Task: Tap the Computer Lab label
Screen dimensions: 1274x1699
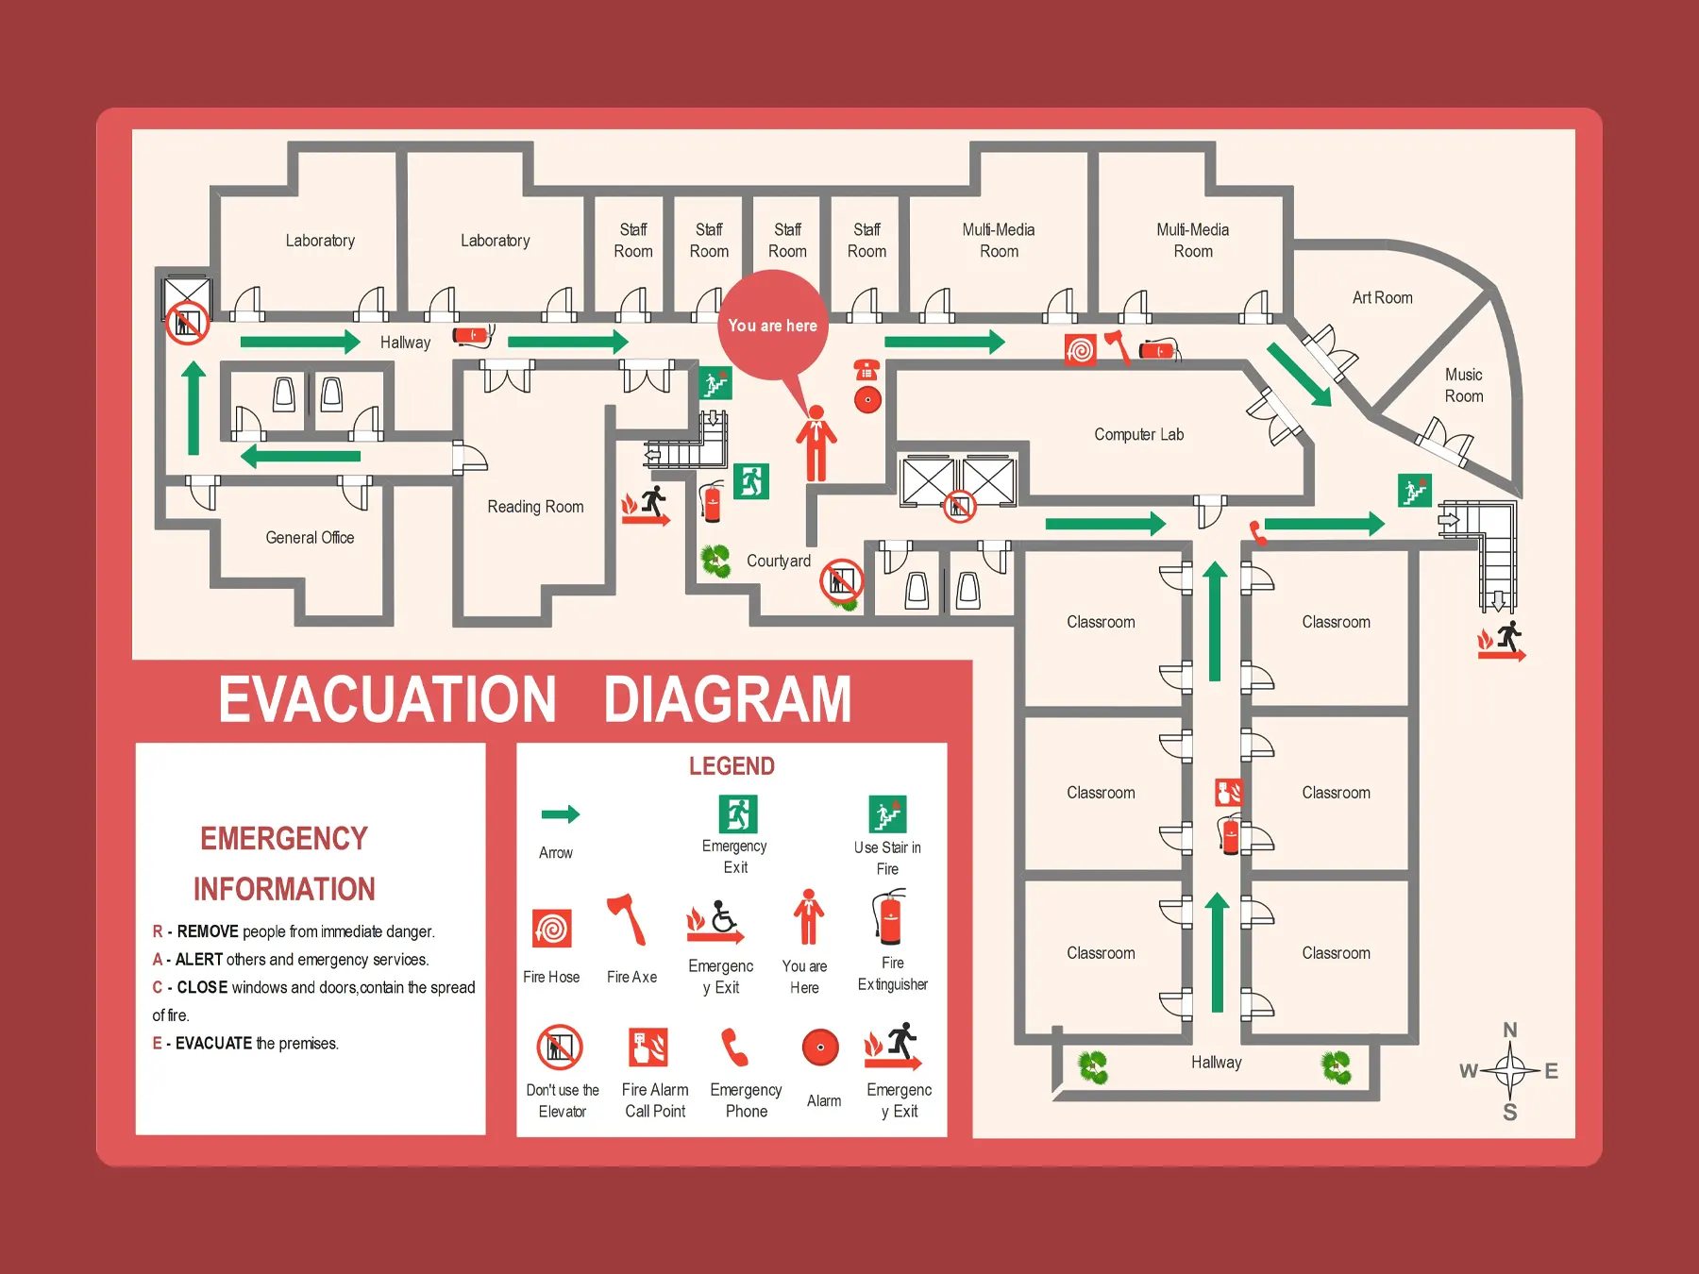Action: [x=1138, y=435]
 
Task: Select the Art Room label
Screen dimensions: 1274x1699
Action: [x=1382, y=298]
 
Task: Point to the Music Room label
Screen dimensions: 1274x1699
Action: [x=1463, y=386]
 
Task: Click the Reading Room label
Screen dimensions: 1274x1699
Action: [x=535, y=507]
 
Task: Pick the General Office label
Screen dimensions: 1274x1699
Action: [x=310, y=538]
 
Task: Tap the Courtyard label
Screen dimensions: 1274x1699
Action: [x=778, y=562]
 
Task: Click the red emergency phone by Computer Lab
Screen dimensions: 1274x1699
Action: [x=866, y=370]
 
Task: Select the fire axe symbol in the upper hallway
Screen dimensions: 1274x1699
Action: [x=1118, y=346]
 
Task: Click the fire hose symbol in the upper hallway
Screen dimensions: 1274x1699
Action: [x=1080, y=350]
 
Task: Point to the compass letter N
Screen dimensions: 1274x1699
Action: [x=1510, y=1031]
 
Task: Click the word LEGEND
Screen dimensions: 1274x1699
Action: [x=732, y=766]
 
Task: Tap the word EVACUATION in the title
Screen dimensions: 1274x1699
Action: [x=387, y=699]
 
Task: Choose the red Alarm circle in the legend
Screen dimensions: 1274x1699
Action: [x=820, y=1048]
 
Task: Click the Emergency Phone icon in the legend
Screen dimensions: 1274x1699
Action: [x=734, y=1048]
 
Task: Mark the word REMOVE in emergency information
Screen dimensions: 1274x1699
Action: [x=208, y=931]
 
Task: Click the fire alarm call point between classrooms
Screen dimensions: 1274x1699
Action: [x=1228, y=792]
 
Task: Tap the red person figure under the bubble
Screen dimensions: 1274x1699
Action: [x=816, y=444]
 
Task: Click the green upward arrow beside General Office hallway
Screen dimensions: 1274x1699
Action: [x=193, y=409]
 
